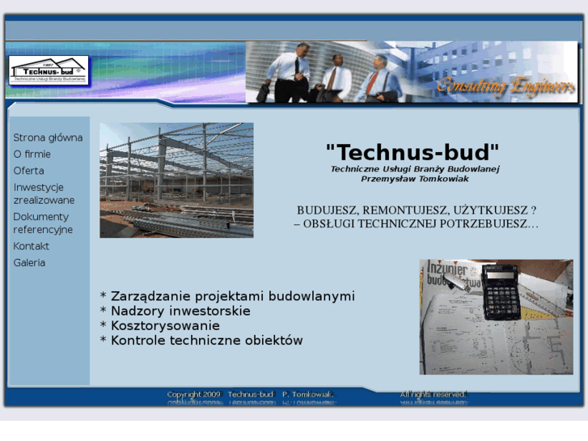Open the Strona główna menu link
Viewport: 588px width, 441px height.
click(48, 138)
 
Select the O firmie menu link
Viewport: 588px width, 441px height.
click(32, 154)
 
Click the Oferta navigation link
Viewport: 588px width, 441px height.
click(29, 171)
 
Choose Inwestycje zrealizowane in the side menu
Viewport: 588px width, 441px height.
click(44, 193)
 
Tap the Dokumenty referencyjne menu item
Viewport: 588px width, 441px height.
click(43, 223)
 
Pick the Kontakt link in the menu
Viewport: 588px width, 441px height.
click(32, 246)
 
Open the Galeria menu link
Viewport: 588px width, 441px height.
click(29, 263)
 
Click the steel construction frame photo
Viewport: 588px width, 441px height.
click(176, 180)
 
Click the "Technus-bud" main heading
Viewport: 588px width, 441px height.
click(412, 151)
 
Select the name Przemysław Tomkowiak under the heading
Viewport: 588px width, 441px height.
click(415, 179)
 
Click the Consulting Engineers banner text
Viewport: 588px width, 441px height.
click(505, 86)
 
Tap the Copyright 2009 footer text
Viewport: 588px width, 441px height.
click(193, 395)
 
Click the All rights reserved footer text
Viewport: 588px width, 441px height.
click(433, 394)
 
